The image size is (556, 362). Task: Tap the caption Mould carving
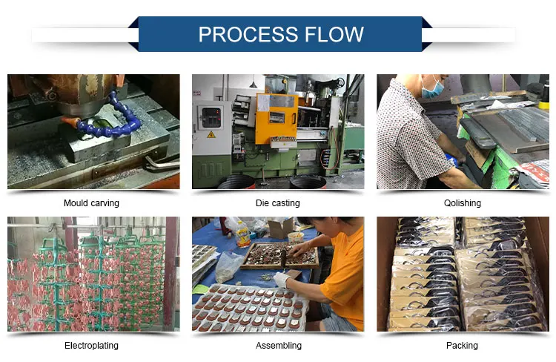click(92, 203)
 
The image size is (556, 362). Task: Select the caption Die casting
click(277, 203)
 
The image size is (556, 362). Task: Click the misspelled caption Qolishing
click(463, 203)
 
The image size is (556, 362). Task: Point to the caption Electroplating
click(92, 346)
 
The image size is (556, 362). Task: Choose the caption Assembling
click(277, 346)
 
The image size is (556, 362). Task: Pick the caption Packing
click(463, 346)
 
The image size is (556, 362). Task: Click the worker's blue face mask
click(433, 88)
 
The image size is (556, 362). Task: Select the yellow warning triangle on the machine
click(211, 135)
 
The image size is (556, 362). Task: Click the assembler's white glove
click(281, 280)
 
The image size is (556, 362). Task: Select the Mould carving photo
click(93, 131)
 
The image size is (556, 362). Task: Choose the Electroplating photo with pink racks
click(93, 274)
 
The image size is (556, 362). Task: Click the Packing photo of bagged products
click(463, 274)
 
